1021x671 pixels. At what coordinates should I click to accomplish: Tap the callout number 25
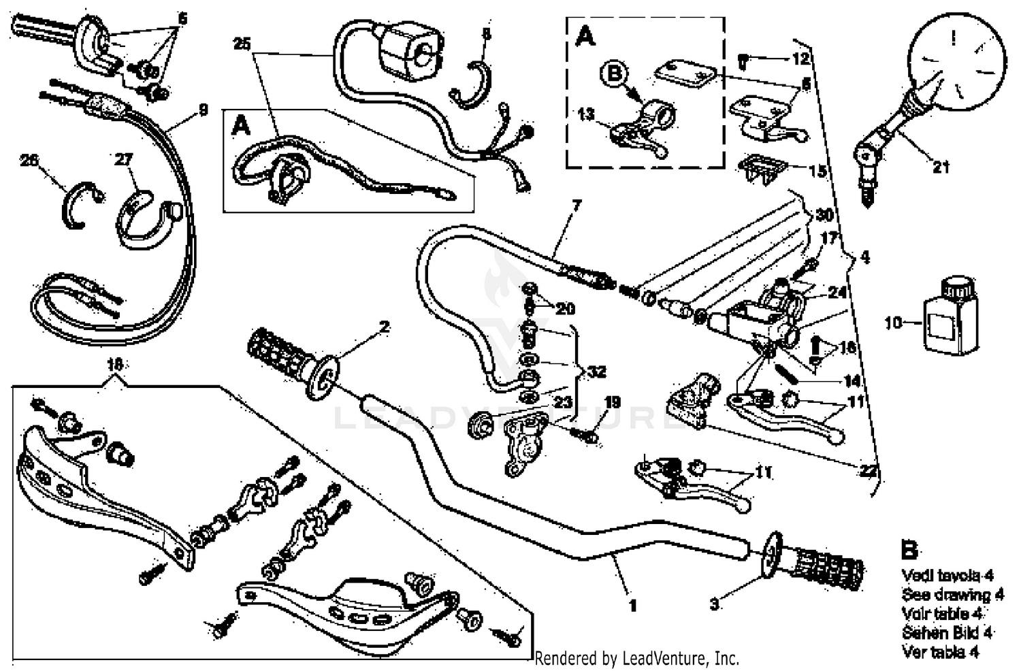pyautogui.click(x=241, y=44)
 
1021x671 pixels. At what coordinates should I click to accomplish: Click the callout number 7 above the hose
pyautogui.click(x=577, y=204)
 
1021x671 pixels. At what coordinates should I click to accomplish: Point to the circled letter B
pyautogui.click(x=615, y=73)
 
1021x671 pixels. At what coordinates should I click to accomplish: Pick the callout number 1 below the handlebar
pyautogui.click(x=632, y=604)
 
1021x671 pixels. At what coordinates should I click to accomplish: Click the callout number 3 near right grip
pyautogui.click(x=714, y=604)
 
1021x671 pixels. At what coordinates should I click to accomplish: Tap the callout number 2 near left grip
pyautogui.click(x=385, y=327)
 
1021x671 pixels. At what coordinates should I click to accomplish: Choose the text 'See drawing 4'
pyautogui.click(x=952, y=595)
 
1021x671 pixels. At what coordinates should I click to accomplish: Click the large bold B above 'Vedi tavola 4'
pyautogui.click(x=909, y=549)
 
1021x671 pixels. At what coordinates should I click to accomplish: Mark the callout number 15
pyautogui.click(x=817, y=170)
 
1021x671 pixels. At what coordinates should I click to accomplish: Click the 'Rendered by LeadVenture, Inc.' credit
pyautogui.click(x=636, y=658)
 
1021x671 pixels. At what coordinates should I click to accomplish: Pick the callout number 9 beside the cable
pyautogui.click(x=203, y=110)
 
